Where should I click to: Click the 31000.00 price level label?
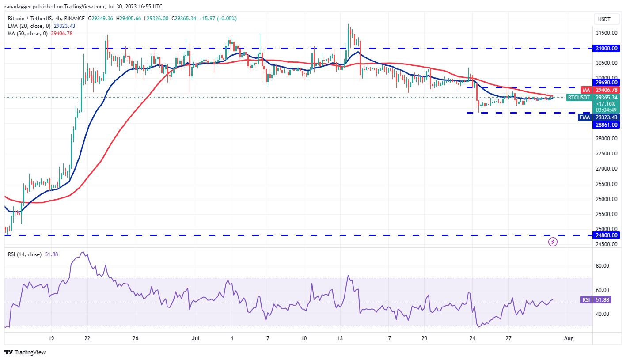tap(606, 48)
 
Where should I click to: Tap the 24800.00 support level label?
tap(606, 235)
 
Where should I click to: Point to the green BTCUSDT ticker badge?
tap(578, 97)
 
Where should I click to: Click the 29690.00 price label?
tap(606, 82)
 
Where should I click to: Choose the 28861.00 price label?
tap(606, 125)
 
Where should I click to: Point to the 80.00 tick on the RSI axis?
tap(603, 266)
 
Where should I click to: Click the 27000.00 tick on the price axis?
tap(606, 169)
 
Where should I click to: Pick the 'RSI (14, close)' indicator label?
tap(25, 254)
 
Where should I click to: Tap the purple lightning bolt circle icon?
tap(553, 242)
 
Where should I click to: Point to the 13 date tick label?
tap(340, 338)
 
